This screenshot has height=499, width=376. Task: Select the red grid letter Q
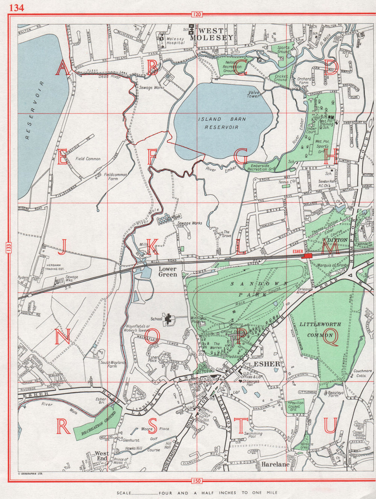click(331, 336)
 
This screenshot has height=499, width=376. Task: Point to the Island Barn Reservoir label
click(222, 123)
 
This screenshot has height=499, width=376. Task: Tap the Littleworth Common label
click(321, 329)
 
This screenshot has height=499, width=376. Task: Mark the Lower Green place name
click(168, 271)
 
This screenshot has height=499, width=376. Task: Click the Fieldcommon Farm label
click(116, 177)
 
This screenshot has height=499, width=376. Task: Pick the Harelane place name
click(276, 464)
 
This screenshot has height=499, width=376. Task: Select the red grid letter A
click(63, 68)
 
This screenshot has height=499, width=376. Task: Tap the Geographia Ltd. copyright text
click(30, 474)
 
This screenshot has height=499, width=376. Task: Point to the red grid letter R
click(63, 426)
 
